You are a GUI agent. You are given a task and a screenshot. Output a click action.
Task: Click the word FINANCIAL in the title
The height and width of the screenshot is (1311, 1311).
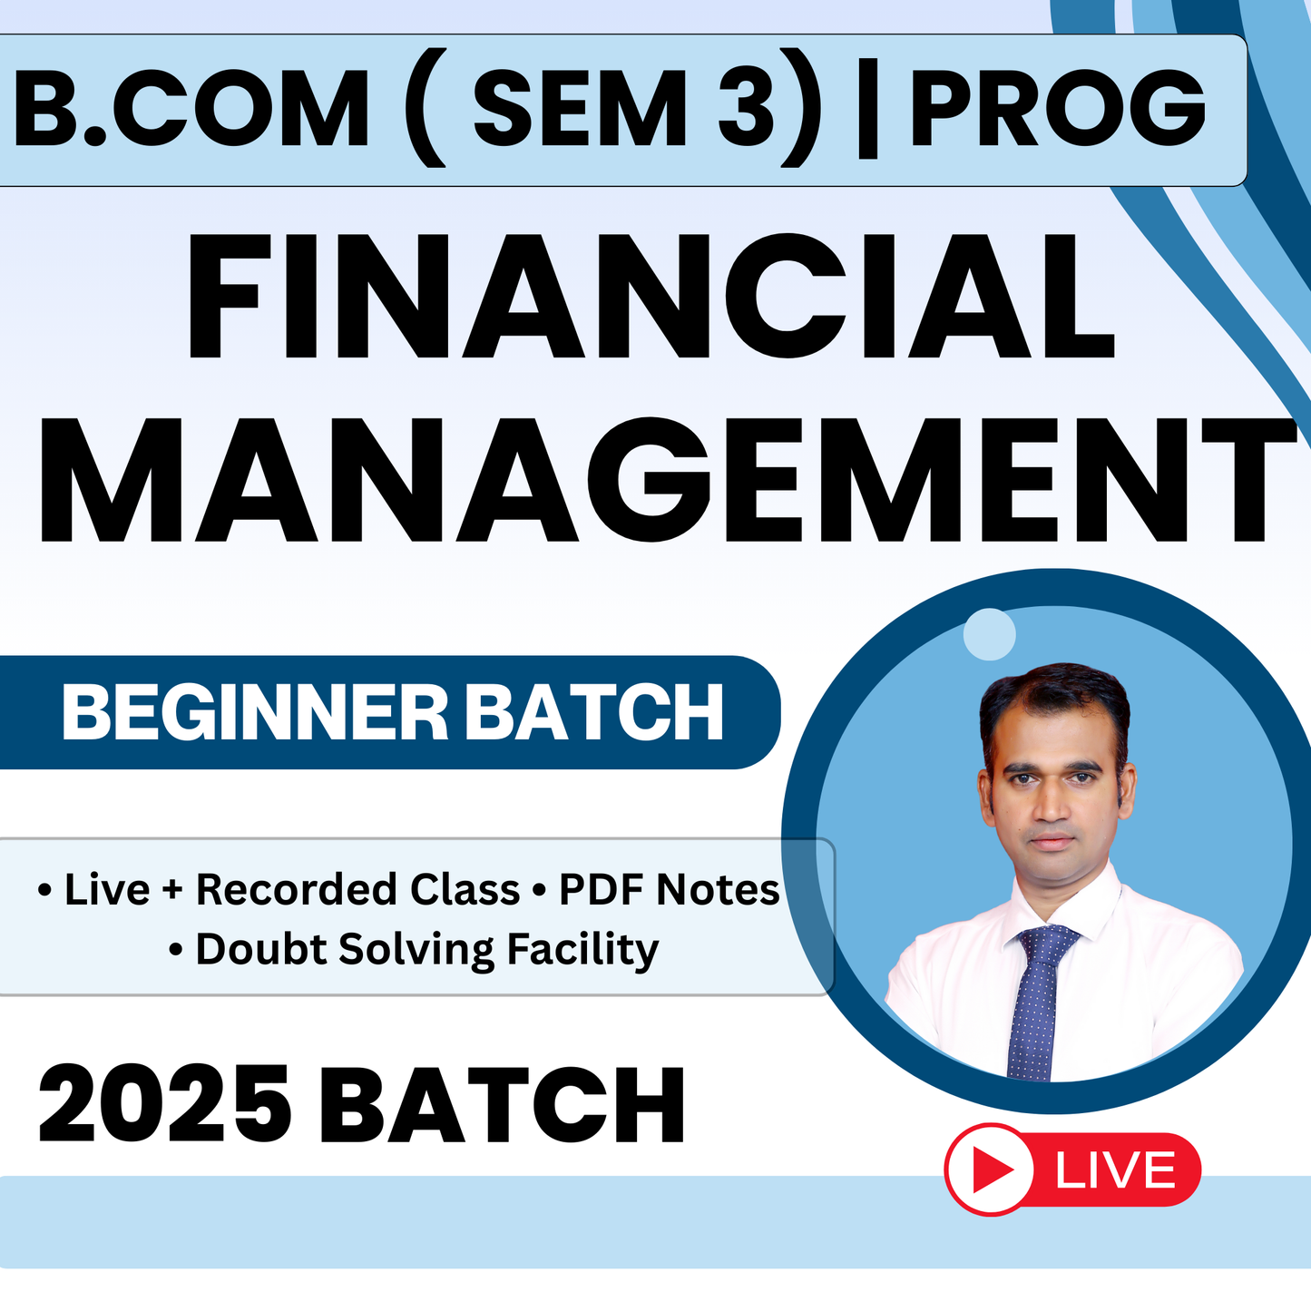pyautogui.click(x=650, y=298)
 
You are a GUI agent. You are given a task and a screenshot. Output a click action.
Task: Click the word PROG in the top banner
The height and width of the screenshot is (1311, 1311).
pyautogui.click(x=1058, y=109)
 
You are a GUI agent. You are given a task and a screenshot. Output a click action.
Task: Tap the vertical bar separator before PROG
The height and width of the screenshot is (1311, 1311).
pyautogui.click(x=867, y=111)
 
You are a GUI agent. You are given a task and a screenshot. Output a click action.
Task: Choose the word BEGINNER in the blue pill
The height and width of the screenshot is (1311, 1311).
pyautogui.click(x=255, y=713)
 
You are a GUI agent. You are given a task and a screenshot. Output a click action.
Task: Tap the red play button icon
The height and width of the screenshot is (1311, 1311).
pyautogui.click(x=991, y=1169)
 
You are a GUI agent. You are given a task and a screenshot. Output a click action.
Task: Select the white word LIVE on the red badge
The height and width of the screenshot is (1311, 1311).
pyautogui.click(x=1116, y=1170)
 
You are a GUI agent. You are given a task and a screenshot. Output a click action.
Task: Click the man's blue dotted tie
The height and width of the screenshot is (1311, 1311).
pyautogui.click(x=1036, y=998)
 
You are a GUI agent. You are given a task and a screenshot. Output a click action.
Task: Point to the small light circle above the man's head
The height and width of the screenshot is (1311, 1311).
pyautogui.click(x=989, y=633)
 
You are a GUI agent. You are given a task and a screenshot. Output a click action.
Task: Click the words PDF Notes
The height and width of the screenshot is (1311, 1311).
pyautogui.click(x=669, y=890)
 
